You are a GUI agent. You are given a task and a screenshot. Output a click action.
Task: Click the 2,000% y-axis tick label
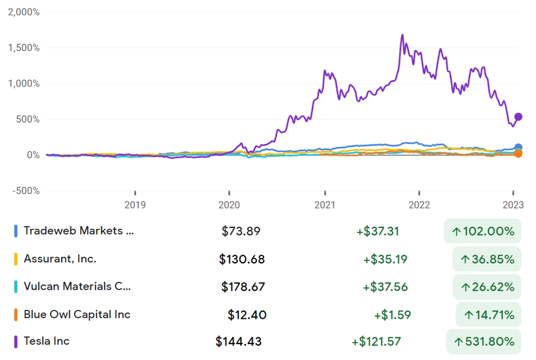(24, 12)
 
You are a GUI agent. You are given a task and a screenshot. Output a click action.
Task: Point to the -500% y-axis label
(25, 191)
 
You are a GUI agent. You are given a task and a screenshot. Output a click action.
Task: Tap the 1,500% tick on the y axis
(24, 48)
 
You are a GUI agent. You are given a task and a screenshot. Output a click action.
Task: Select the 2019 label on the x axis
(135, 205)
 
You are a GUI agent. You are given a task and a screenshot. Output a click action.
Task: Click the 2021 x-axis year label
(325, 205)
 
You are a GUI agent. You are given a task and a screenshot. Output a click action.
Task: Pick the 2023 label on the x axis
(513, 205)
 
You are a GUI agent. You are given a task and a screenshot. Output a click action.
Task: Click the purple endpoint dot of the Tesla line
(518, 117)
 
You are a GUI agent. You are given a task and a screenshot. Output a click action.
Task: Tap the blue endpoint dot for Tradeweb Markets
(518, 148)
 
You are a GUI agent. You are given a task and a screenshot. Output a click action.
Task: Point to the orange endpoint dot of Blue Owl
(518, 153)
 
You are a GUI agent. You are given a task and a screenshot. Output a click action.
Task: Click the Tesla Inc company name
(46, 341)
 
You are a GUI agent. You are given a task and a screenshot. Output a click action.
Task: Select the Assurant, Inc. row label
(60, 259)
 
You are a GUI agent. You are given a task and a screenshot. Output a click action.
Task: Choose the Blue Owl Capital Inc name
(77, 315)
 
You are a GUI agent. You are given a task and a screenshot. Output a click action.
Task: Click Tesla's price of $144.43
(238, 342)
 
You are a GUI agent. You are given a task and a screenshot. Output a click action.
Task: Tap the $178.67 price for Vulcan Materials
(243, 287)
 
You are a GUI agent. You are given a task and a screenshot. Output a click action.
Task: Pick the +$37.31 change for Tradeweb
(377, 231)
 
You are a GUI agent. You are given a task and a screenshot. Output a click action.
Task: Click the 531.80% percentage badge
(483, 342)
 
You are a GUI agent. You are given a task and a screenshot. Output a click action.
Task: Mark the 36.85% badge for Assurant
(486, 259)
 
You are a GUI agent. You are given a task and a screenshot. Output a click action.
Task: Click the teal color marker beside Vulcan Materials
(16, 287)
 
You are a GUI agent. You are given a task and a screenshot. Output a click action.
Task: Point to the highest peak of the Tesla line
(402, 35)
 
